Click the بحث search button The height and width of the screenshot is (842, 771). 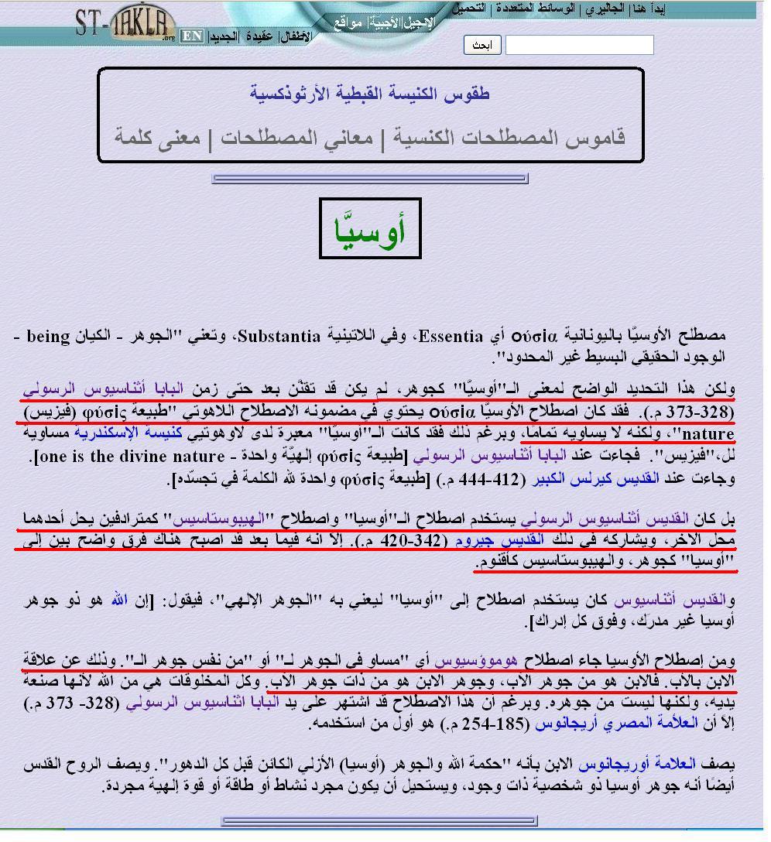point(483,45)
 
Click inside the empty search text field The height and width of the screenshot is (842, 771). point(579,45)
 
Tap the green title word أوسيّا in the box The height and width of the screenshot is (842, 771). point(370,229)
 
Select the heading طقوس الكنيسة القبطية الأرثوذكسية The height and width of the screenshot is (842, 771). point(370,94)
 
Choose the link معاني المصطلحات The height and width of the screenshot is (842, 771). point(295,138)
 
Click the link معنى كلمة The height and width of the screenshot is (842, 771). point(158,138)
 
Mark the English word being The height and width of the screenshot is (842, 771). point(50,337)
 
